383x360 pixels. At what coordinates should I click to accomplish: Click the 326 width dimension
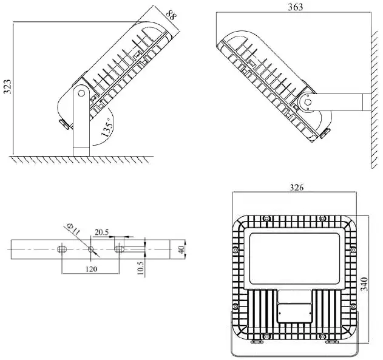click(x=297, y=188)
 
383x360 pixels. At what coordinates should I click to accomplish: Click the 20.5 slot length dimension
click(x=101, y=231)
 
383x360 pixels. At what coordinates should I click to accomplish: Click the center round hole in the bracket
click(x=90, y=249)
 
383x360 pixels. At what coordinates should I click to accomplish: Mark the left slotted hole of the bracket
click(x=62, y=249)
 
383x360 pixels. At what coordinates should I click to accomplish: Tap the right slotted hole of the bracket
click(x=120, y=249)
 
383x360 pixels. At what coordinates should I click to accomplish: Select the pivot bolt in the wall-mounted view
click(x=308, y=101)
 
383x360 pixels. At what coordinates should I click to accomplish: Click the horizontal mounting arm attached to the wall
click(x=339, y=102)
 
